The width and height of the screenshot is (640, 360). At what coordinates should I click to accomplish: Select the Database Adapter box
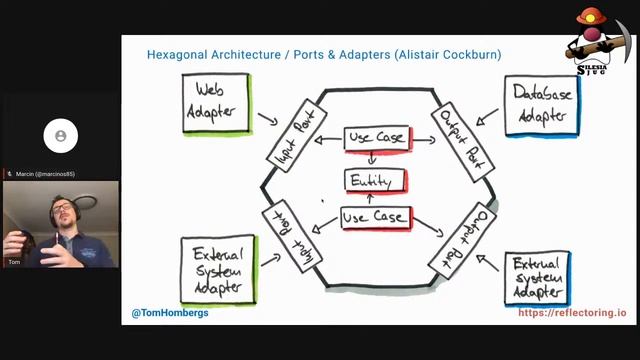tap(539, 106)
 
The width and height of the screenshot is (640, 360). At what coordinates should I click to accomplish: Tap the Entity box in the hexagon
tap(375, 180)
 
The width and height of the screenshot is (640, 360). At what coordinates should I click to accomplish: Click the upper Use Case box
tap(376, 138)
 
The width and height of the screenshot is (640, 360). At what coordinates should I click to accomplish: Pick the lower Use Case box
tap(374, 217)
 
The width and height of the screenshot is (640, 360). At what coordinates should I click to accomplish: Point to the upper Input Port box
tap(292, 137)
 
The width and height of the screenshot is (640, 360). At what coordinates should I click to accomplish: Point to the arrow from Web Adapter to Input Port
tap(267, 120)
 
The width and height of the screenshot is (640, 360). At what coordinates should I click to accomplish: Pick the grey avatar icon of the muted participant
tap(61, 135)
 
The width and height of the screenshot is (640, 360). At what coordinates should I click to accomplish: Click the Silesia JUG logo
tap(600, 45)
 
